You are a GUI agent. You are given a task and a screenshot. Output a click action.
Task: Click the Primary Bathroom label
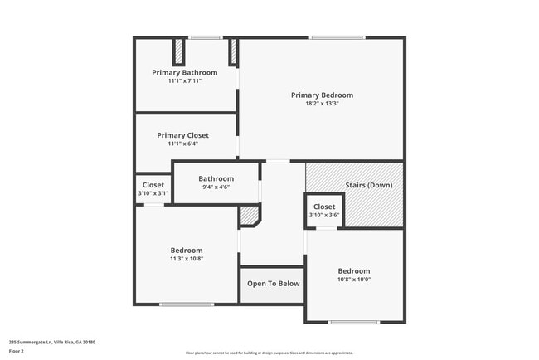coord(184,73)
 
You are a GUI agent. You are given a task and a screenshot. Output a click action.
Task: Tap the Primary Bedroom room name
coord(322,95)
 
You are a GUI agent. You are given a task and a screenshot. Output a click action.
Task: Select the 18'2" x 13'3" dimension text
coord(322,104)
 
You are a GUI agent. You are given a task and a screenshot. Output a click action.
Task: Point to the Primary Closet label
coord(182,135)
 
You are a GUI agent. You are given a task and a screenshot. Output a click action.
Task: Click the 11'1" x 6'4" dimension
coord(182,144)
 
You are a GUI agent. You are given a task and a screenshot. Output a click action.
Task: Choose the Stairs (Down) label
coord(368,185)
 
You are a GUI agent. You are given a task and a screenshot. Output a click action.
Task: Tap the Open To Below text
coord(273,284)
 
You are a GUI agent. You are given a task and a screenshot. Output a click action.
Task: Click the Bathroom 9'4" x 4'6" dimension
coord(216,187)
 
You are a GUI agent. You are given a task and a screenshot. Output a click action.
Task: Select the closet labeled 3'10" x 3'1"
coord(153,189)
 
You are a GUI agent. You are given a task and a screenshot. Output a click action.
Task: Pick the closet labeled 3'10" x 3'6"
coord(324,211)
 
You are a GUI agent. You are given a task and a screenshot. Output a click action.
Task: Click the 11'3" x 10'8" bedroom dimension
coord(187,259)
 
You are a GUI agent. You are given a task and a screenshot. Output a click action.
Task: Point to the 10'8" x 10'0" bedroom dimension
coord(354,280)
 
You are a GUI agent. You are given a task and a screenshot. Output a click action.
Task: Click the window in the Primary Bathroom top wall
coord(205,37)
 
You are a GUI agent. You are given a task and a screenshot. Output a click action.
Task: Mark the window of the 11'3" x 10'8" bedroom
coord(187,304)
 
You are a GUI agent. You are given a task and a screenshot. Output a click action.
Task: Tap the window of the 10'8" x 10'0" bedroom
coord(354,322)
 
